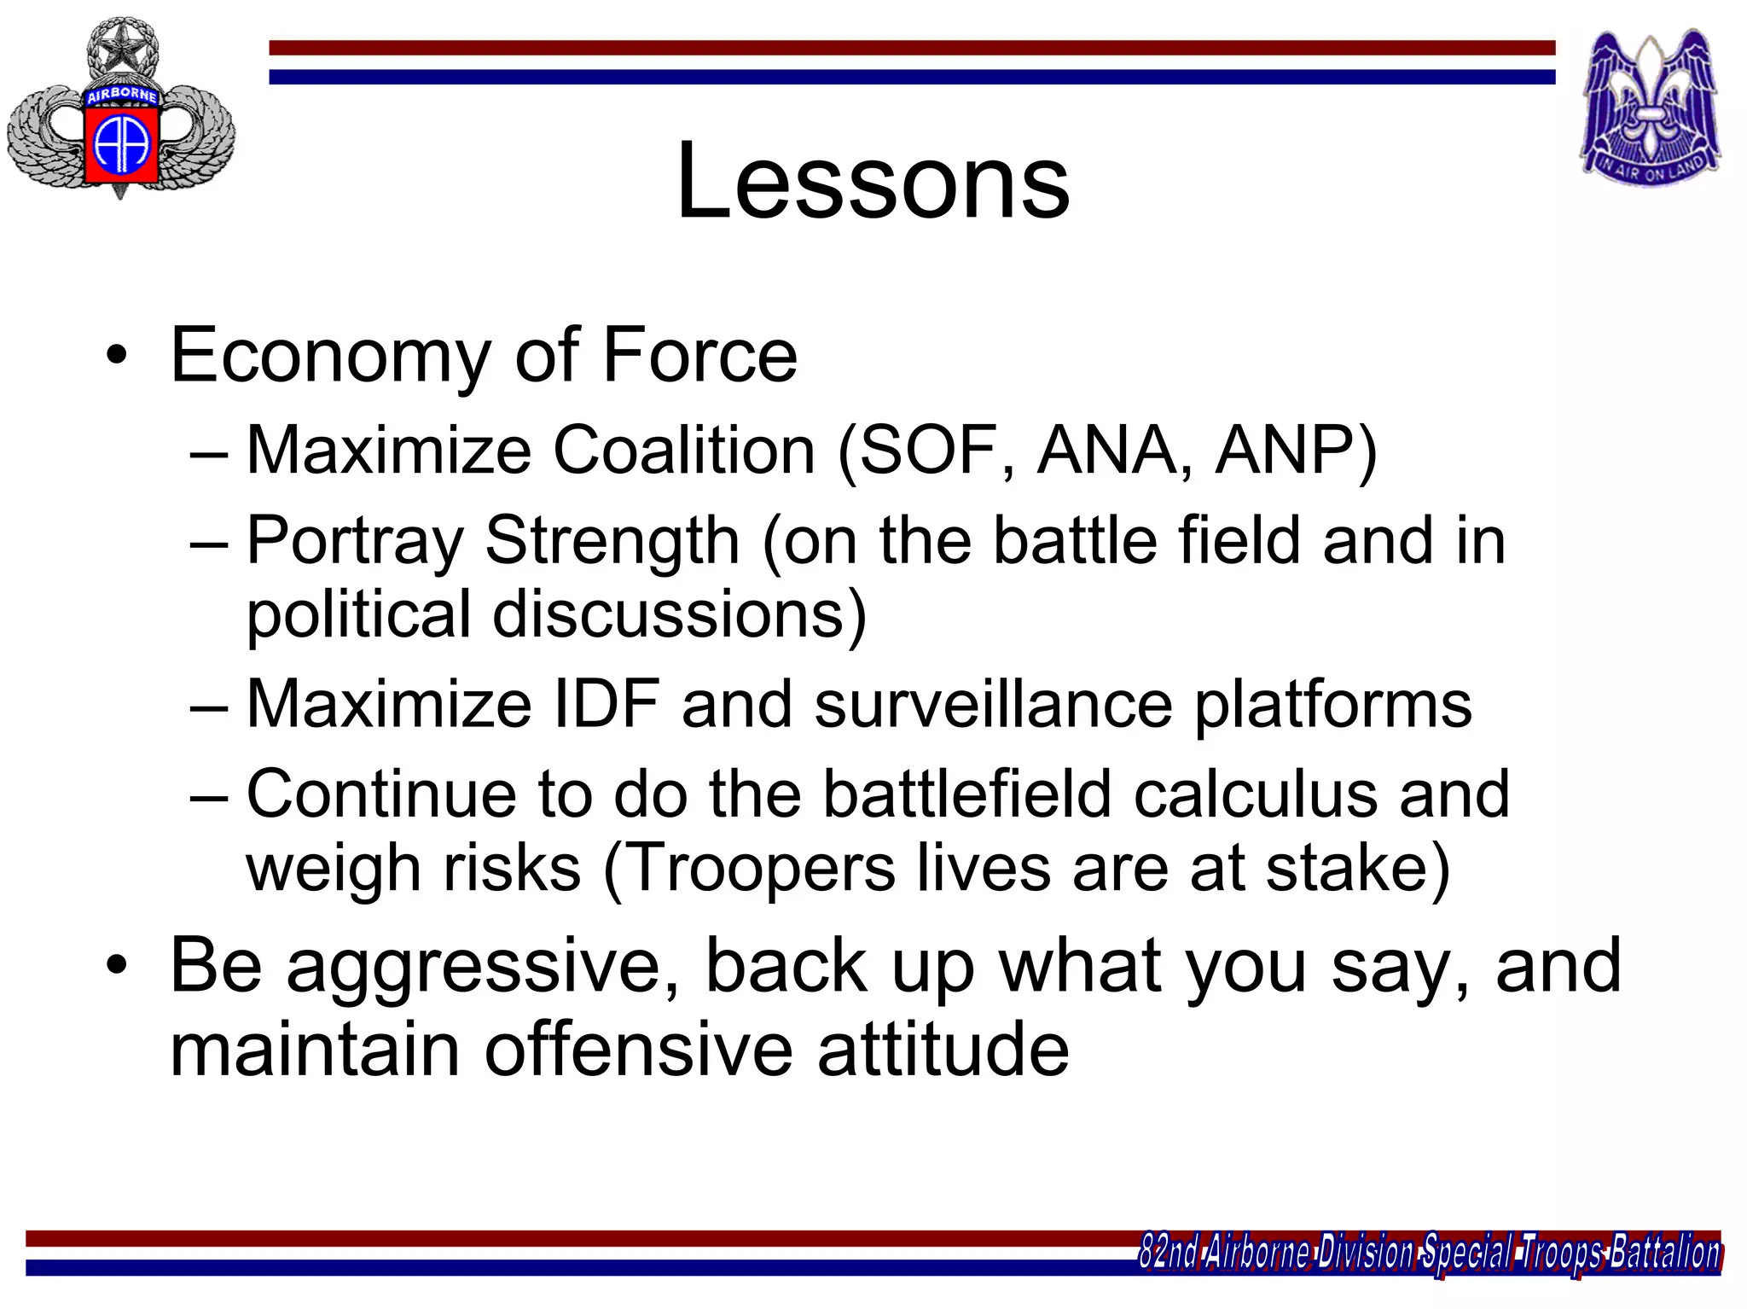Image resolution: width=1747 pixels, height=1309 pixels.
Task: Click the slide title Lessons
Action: tap(873, 182)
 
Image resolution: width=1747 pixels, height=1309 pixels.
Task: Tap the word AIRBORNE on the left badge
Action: tap(122, 96)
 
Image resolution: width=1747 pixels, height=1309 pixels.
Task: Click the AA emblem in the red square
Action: tap(122, 143)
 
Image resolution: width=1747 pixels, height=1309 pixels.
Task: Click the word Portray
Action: tap(355, 541)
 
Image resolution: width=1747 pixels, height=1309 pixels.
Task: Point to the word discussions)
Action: tap(679, 614)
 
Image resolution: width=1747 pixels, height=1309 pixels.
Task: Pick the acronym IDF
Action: tap(607, 704)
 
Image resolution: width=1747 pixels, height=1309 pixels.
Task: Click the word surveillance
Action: tap(993, 704)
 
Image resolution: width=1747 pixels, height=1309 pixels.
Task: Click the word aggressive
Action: tap(483, 967)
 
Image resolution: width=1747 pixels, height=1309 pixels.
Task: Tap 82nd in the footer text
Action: tap(1169, 1253)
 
